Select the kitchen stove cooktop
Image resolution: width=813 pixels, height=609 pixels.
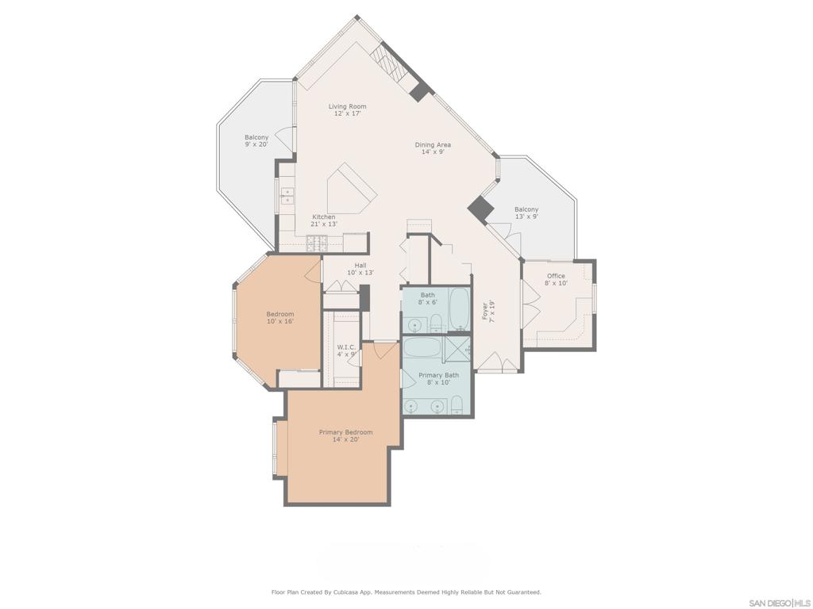[317, 243]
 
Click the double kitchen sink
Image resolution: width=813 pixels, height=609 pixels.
[286, 195]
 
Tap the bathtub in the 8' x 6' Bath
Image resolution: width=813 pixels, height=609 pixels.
[460, 310]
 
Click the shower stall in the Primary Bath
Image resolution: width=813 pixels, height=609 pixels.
[457, 348]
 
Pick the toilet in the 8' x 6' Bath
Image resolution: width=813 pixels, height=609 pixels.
[436, 322]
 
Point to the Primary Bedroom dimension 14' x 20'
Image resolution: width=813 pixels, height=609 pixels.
[345, 439]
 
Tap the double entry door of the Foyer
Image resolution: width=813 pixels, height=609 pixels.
[500, 364]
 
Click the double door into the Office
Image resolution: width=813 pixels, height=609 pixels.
[530, 302]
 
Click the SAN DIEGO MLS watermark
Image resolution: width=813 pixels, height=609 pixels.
[779, 603]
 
